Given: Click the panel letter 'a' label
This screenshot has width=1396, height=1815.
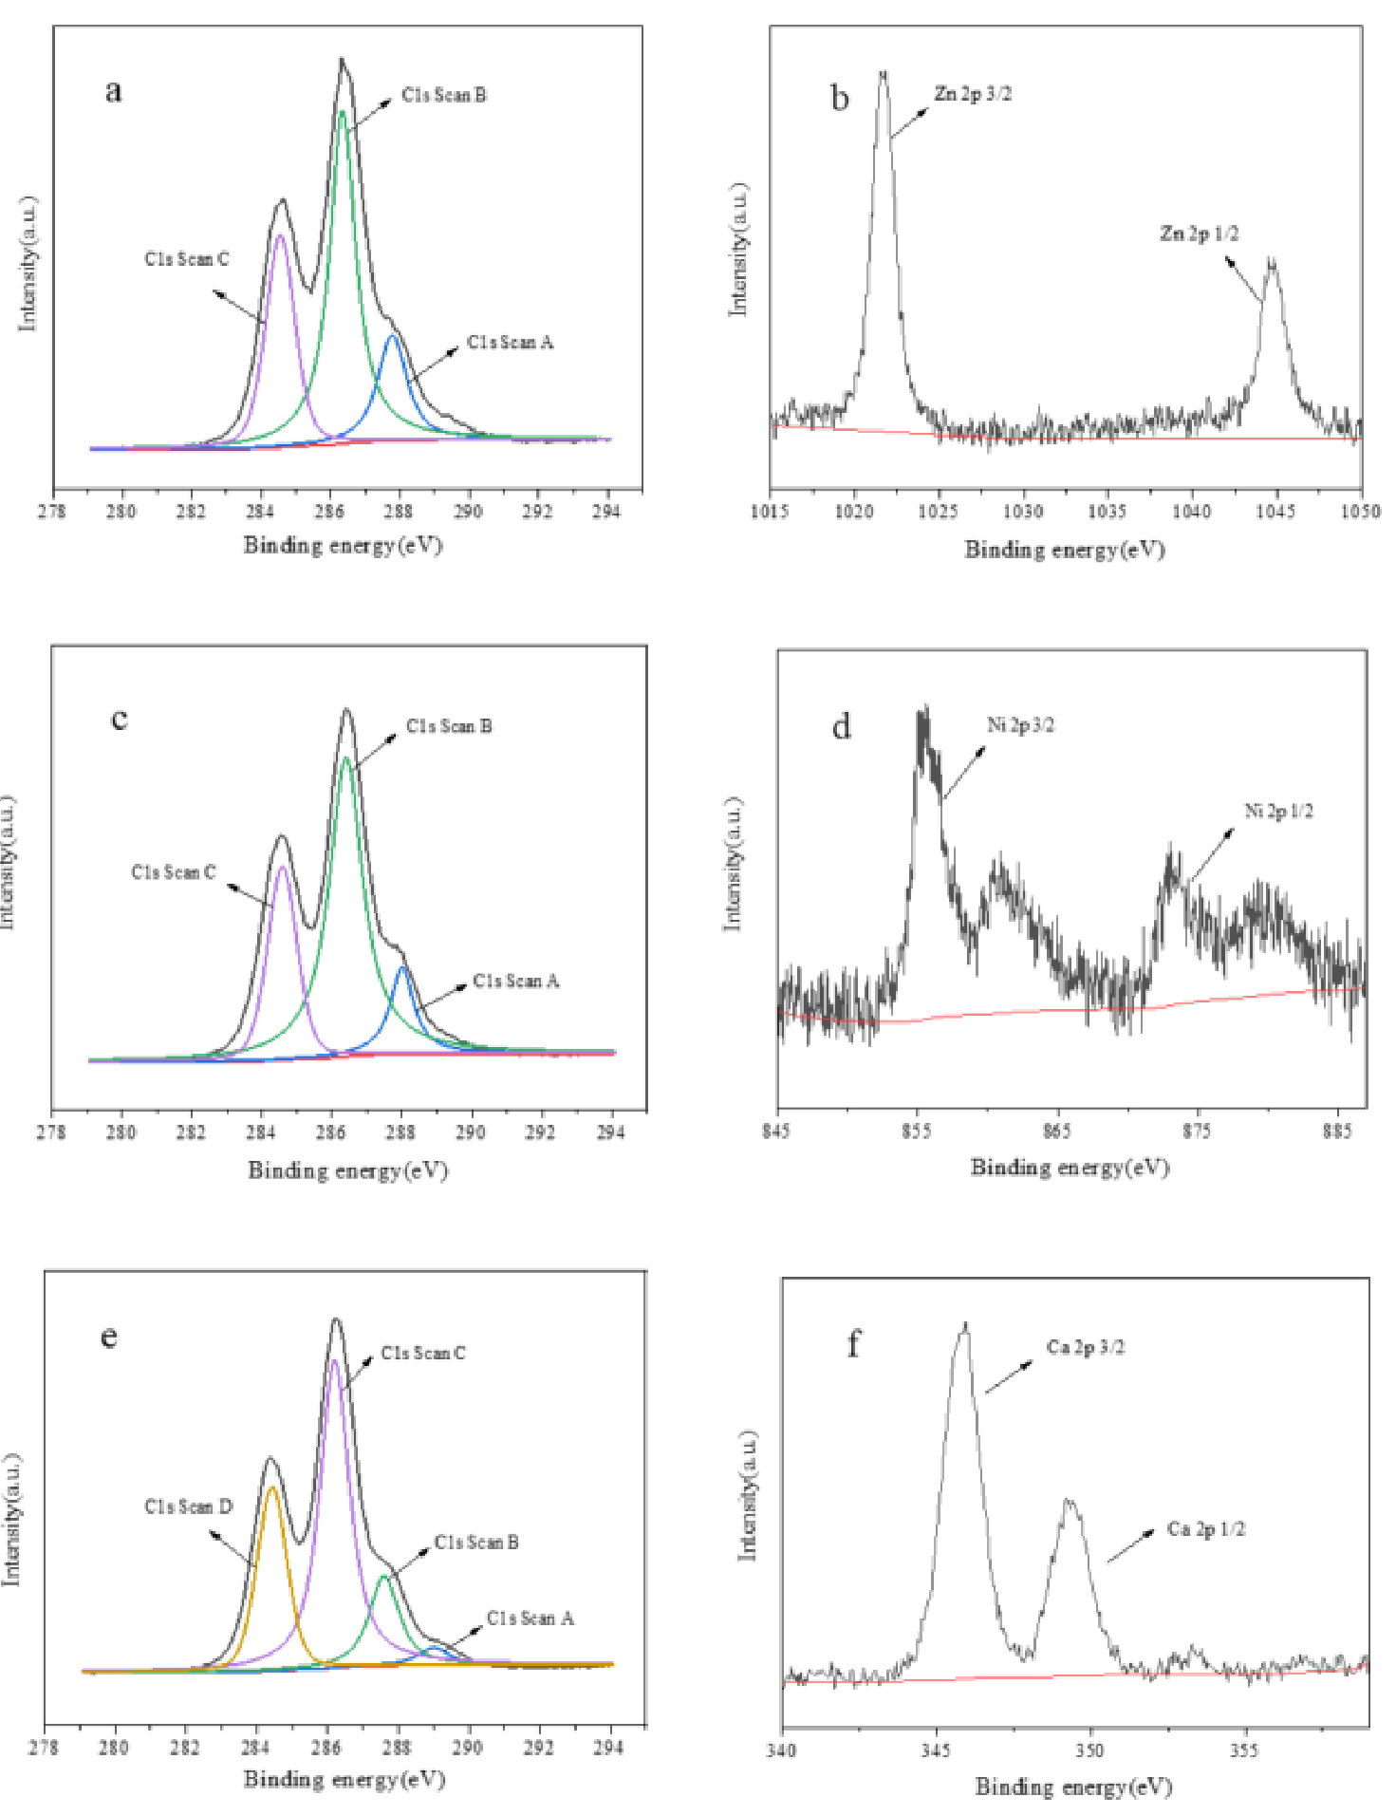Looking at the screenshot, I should (x=113, y=91).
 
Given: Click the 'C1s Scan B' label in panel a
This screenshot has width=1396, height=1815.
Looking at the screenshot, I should (x=443, y=95).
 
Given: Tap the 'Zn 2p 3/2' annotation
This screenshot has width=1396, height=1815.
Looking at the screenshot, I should (x=972, y=94).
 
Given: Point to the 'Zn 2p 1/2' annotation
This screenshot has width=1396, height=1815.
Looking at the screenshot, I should (x=1199, y=234).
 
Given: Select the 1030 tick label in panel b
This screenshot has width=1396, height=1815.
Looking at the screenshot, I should (x=1023, y=513).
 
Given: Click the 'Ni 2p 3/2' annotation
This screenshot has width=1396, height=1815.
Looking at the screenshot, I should (x=1020, y=726).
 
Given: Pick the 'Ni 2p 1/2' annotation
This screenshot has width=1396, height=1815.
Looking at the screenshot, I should (x=1278, y=811).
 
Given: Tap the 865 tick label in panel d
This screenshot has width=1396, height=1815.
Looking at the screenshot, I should (x=1056, y=1132).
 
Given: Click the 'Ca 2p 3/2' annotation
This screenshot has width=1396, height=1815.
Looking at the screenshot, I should (x=1085, y=1347).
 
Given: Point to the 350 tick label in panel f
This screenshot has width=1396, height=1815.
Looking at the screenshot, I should (x=1089, y=1749).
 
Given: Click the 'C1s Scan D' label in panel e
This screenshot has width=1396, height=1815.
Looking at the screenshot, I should (x=188, y=1506).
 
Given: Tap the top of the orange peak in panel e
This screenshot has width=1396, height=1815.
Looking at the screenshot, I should (x=272, y=1488).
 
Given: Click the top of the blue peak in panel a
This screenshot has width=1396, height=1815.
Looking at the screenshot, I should (x=392, y=336).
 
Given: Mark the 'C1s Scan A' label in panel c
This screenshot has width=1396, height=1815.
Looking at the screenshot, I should (x=515, y=981).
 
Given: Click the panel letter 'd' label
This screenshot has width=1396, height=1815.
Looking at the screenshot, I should (x=841, y=727).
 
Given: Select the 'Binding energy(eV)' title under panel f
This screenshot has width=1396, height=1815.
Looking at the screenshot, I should (x=1073, y=1787).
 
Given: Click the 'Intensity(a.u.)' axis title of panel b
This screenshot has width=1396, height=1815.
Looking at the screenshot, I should (x=738, y=249).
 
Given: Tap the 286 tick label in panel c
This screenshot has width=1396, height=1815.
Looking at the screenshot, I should (x=330, y=1132).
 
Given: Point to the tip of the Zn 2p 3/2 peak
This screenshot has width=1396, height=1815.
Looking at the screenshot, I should (x=884, y=72).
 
